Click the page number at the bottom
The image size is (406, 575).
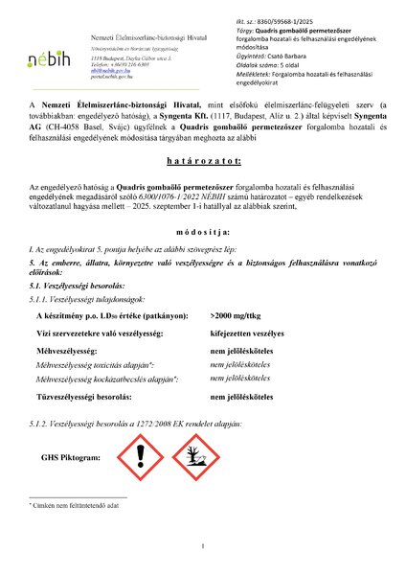tap(203, 547)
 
